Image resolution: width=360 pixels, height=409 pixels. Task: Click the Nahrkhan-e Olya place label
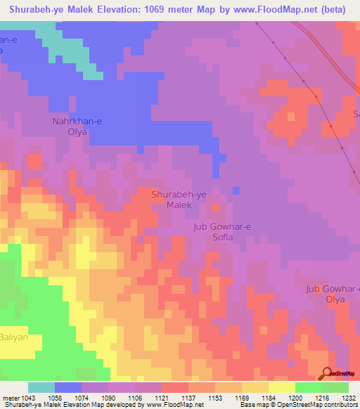[78, 126]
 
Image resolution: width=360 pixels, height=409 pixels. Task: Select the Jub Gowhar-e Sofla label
[222, 232]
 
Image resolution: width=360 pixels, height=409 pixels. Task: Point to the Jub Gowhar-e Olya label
[333, 294]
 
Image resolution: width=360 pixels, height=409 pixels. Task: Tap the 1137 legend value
[188, 398]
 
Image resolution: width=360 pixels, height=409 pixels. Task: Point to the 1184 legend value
[269, 398]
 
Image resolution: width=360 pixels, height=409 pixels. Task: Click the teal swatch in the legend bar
[41, 387]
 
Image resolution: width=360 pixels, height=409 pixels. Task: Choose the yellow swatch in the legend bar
[282, 387]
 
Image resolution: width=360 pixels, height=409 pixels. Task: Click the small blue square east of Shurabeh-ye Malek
[236, 190]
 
